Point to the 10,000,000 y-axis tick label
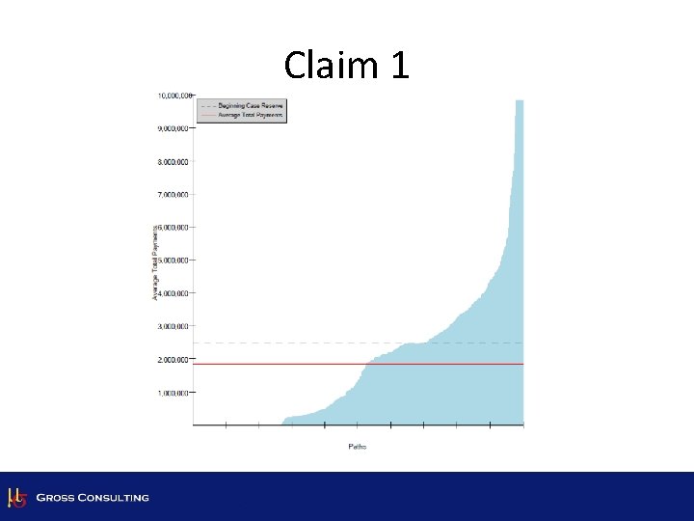[x=173, y=96]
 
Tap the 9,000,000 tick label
[x=174, y=128]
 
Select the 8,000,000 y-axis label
[x=174, y=161]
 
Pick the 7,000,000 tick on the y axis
[x=174, y=195]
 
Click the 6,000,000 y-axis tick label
[x=174, y=228]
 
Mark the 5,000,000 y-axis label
[x=174, y=260]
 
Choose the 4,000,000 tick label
[x=174, y=293]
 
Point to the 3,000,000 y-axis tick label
[x=174, y=327]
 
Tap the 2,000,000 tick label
[x=174, y=360]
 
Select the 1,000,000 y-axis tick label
[x=174, y=393]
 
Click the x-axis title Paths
[x=358, y=446]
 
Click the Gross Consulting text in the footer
[x=93, y=498]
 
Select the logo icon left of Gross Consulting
[x=15, y=497]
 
